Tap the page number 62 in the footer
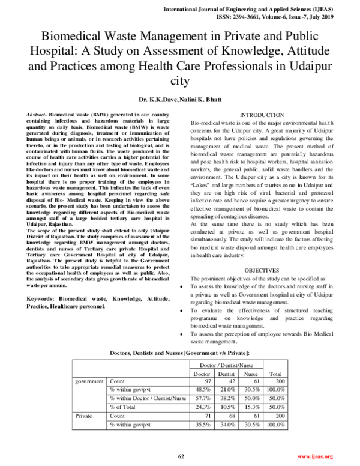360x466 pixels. click(180, 457)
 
